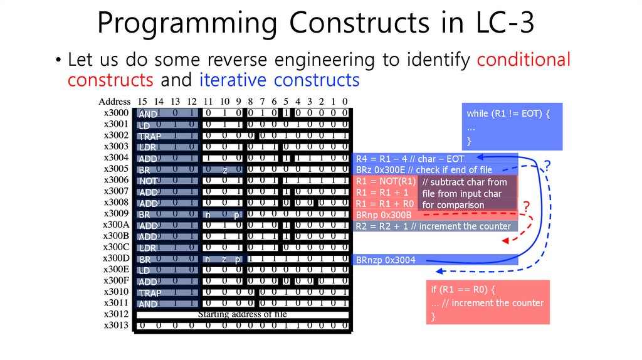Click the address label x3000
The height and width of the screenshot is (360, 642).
(x=117, y=113)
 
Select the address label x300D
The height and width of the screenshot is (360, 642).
(x=117, y=258)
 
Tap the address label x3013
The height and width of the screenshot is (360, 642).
(x=117, y=325)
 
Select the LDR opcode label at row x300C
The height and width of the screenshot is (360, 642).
(x=148, y=248)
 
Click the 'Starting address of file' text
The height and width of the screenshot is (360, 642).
(x=242, y=314)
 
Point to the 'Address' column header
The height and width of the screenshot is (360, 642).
(x=115, y=102)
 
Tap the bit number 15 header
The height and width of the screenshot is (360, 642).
(x=142, y=102)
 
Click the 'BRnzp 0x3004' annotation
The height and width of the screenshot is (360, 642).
(x=386, y=260)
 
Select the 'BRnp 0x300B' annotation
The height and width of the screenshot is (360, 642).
(x=384, y=215)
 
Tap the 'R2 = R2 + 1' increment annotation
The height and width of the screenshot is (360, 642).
(x=433, y=226)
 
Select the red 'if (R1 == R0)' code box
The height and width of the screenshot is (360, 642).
(x=487, y=302)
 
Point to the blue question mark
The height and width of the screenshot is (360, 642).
(x=547, y=166)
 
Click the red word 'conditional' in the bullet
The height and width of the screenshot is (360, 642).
(x=524, y=60)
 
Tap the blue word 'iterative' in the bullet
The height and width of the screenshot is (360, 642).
(x=233, y=80)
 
